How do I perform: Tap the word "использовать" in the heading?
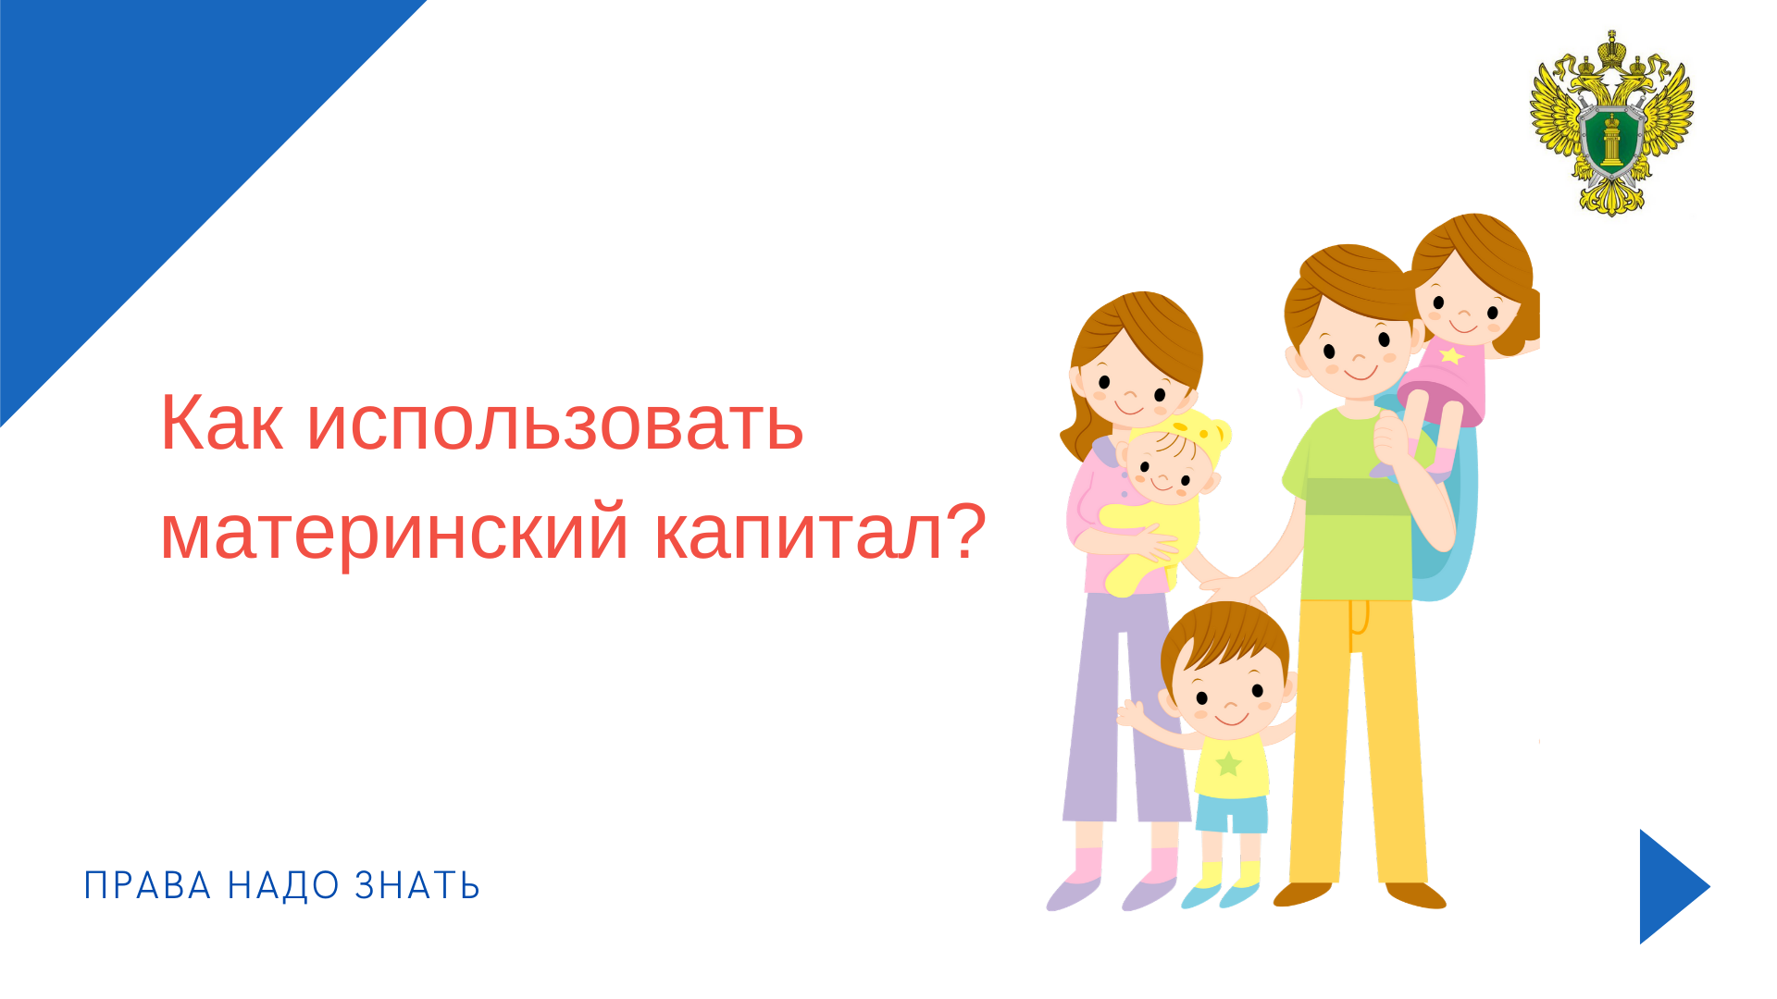(x=555, y=424)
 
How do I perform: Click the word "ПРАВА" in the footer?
(x=148, y=886)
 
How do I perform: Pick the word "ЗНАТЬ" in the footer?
(x=417, y=886)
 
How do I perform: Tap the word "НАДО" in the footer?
(x=284, y=886)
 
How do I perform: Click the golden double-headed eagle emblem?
(x=1611, y=123)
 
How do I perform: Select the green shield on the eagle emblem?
(x=1611, y=139)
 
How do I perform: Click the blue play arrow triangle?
(x=1673, y=886)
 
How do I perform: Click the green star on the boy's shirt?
(x=1228, y=764)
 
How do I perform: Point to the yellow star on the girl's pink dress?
(x=1452, y=355)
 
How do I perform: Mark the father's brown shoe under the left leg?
(x=1303, y=894)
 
